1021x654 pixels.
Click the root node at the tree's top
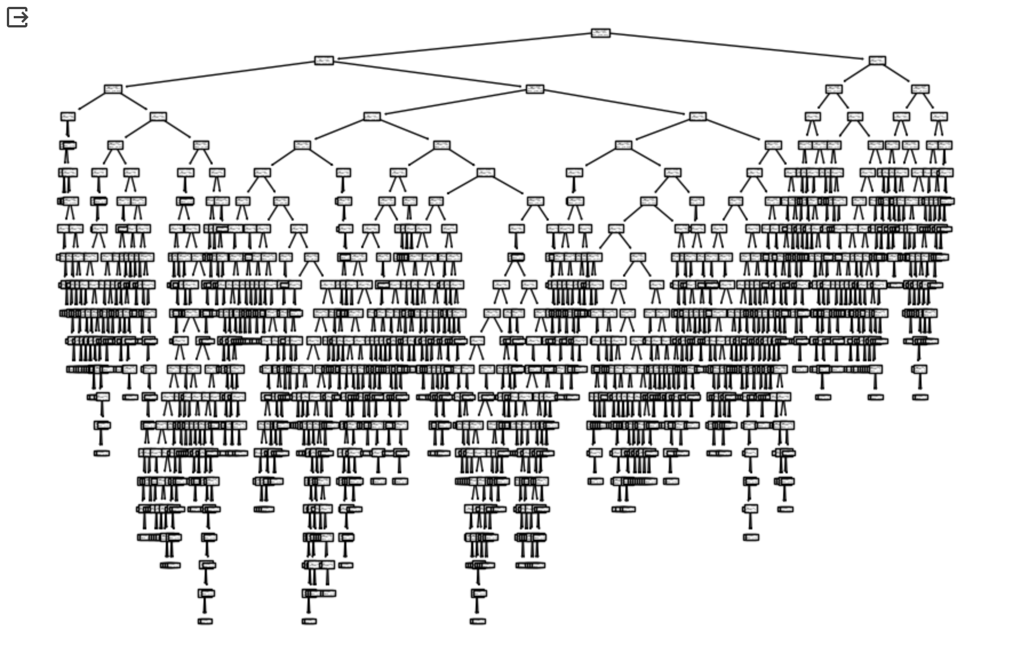click(x=600, y=33)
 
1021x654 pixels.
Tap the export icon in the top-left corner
click(x=17, y=17)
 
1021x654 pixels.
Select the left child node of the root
click(x=324, y=61)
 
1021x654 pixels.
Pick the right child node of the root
click(x=877, y=61)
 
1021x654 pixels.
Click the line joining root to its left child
click(x=463, y=47)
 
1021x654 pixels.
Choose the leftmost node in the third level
click(x=113, y=89)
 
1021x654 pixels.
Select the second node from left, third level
click(x=535, y=89)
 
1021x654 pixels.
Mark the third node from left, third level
click(x=833, y=89)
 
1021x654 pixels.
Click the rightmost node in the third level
click(x=920, y=89)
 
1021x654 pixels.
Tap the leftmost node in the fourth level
click(x=67, y=117)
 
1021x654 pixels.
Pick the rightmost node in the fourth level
click(x=939, y=117)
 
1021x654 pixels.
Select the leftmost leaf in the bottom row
click(x=205, y=621)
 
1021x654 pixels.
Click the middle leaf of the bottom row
click(x=309, y=621)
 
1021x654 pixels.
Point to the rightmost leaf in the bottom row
click(x=477, y=621)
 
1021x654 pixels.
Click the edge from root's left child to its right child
click(x=429, y=75)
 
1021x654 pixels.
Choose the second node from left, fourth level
click(x=158, y=117)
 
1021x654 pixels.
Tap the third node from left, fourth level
click(x=372, y=117)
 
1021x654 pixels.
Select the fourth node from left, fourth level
click(x=697, y=117)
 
